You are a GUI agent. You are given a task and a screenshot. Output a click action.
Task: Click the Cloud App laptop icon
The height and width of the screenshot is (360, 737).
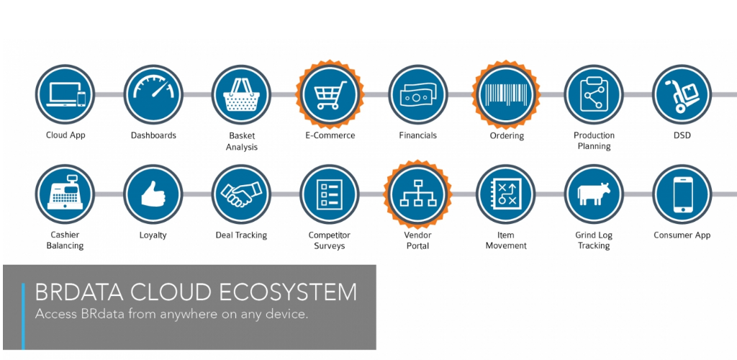click(x=65, y=94)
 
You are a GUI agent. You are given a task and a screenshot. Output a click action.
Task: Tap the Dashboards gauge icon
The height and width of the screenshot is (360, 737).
click(x=153, y=94)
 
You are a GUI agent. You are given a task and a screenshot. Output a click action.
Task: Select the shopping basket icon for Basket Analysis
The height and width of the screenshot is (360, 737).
click(x=241, y=94)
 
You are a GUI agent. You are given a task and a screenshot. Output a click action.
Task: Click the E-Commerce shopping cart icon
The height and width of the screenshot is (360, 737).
click(x=330, y=94)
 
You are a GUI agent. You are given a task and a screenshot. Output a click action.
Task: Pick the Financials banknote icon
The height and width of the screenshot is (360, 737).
click(x=418, y=94)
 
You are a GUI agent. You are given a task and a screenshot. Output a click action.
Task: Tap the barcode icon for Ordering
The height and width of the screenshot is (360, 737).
click(x=506, y=94)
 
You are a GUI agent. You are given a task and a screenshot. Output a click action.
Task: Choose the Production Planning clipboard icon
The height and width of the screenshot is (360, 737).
click(x=594, y=94)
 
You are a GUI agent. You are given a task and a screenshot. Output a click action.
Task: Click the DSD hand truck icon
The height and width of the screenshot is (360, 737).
click(x=682, y=94)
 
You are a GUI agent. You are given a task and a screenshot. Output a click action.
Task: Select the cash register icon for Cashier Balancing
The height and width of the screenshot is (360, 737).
click(x=65, y=194)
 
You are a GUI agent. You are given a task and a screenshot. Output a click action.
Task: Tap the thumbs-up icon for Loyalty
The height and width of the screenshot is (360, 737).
click(x=153, y=194)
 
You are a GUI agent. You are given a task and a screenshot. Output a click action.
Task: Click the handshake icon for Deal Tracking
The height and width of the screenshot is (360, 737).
click(x=241, y=194)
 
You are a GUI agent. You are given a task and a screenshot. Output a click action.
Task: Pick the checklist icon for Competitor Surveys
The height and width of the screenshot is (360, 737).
click(x=330, y=194)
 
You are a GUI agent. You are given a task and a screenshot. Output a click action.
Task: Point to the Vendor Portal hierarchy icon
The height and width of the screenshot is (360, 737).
click(x=418, y=194)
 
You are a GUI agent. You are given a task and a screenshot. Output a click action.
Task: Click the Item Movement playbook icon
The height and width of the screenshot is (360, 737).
click(x=506, y=194)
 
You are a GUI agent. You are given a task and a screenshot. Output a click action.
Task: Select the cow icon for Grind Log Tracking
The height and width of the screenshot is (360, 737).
click(x=594, y=194)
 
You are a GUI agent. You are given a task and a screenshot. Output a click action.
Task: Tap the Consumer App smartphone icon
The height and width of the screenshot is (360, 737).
click(x=682, y=194)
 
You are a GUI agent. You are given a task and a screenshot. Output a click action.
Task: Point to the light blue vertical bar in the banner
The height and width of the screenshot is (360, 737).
click(x=23, y=316)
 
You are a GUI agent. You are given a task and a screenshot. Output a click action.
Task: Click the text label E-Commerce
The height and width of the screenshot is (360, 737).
click(x=330, y=135)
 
